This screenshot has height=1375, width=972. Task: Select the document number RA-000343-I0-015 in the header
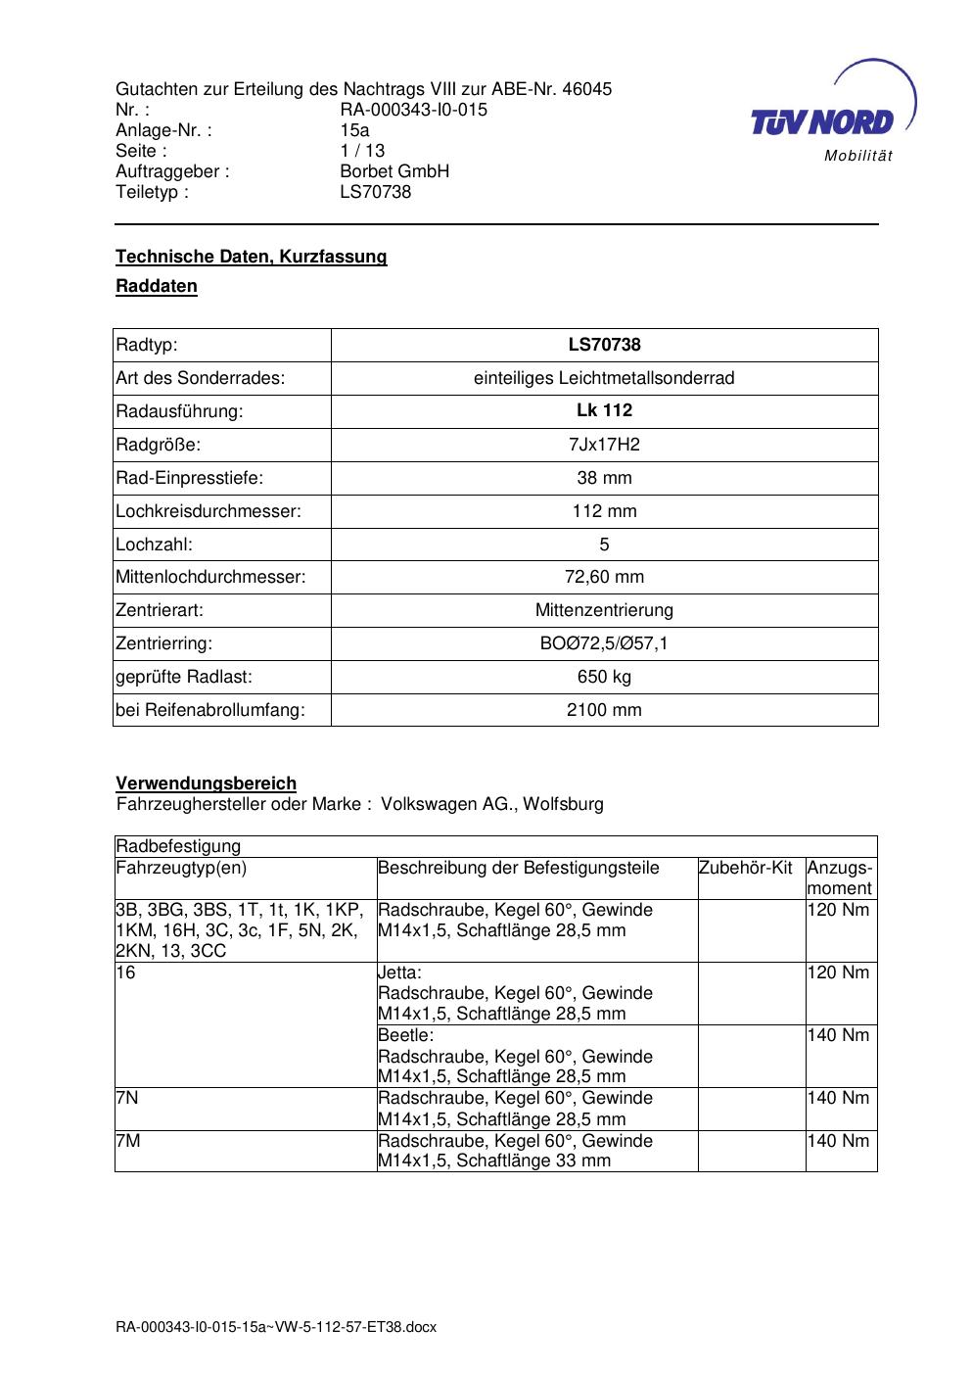pyautogui.click(x=413, y=110)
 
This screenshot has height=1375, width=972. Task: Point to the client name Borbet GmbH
pyautogui.click(x=394, y=171)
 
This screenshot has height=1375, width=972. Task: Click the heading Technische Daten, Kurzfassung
pyautogui.click(x=252, y=257)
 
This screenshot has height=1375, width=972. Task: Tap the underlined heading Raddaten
pyautogui.click(x=157, y=286)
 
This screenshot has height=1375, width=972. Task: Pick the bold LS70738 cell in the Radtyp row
pyautogui.click(x=604, y=345)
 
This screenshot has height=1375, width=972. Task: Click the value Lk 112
pyautogui.click(x=604, y=410)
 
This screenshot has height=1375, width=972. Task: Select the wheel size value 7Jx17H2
pyautogui.click(x=604, y=445)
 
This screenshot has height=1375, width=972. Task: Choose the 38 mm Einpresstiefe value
pyautogui.click(x=604, y=478)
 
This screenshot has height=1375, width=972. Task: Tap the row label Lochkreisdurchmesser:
pyautogui.click(x=208, y=511)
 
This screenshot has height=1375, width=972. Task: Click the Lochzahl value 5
pyautogui.click(x=604, y=545)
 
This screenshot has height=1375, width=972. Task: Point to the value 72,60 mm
pyautogui.click(x=604, y=578)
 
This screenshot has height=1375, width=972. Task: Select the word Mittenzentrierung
pyautogui.click(x=604, y=610)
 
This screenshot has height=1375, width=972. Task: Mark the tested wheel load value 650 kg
pyautogui.click(x=604, y=677)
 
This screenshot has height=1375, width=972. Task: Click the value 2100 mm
pyautogui.click(x=604, y=710)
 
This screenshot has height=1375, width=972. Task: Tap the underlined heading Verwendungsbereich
pyautogui.click(x=206, y=783)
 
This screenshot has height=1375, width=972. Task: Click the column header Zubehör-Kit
pyautogui.click(x=746, y=868)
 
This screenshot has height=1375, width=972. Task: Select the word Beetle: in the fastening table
pyautogui.click(x=405, y=1035)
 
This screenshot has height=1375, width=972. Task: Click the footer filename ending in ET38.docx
pyautogui.click(x=276, y=1327)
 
